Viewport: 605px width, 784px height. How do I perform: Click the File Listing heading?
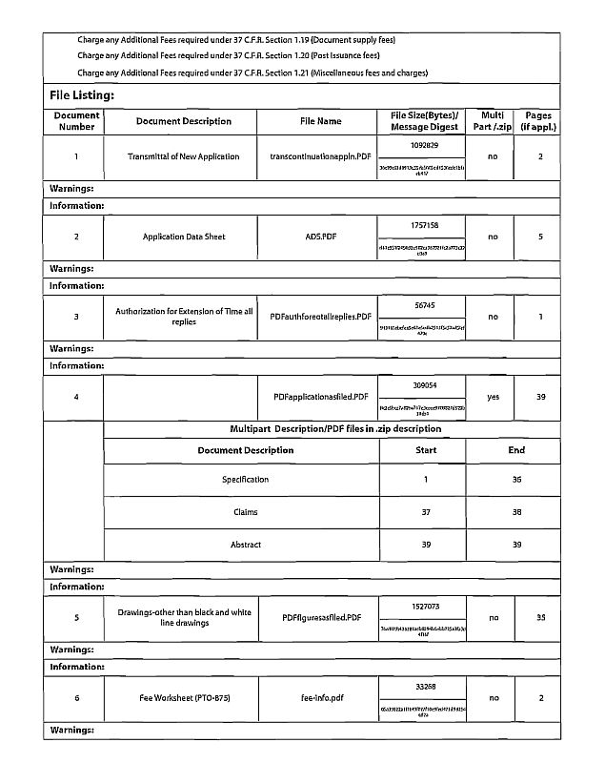[x=82, y=95]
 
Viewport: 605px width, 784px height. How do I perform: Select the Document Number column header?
[x=76, y=121]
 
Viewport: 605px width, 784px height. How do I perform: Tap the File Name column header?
[x=320, y=121]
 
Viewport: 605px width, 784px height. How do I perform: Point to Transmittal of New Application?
[x=184, y=156]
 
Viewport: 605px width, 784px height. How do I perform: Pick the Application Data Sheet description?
[x=184, y=237]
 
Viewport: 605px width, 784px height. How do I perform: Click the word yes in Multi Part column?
[x=493, y=397]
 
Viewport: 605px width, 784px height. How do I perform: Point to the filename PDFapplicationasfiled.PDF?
[x=320, y=397]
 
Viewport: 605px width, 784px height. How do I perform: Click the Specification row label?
[x=245, y=480]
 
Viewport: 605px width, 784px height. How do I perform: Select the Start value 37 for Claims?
[x=425, y=512]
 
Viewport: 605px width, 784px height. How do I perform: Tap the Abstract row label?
[x=245, y=545]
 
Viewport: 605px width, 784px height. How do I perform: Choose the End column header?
[x=515, y=450]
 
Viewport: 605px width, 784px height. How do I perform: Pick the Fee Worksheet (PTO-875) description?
[x=184, y=697]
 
